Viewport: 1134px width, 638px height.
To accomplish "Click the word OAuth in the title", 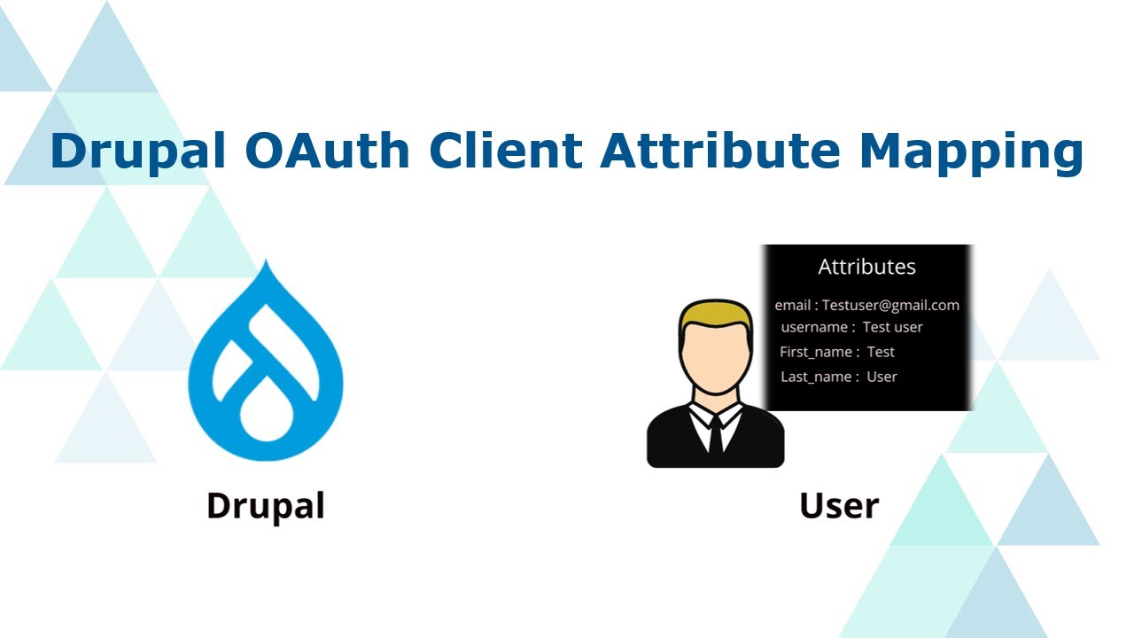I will click(329, 151).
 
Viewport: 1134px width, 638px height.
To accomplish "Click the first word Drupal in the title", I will click(142, 151).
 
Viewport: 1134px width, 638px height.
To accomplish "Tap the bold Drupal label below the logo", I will click(266, 506).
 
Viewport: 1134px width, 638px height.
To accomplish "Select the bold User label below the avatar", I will click(839, 506).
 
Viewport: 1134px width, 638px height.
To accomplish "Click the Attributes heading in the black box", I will click(866, 267).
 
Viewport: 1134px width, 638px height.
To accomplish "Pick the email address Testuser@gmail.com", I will click(890, 305).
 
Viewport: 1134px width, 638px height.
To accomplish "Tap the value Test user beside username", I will click(893, 327).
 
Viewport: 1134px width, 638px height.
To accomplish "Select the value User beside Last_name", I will click(882, 377).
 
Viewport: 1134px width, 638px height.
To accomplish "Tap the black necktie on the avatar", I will click(715, 434).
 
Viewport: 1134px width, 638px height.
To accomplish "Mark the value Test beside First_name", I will click(881, 352).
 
